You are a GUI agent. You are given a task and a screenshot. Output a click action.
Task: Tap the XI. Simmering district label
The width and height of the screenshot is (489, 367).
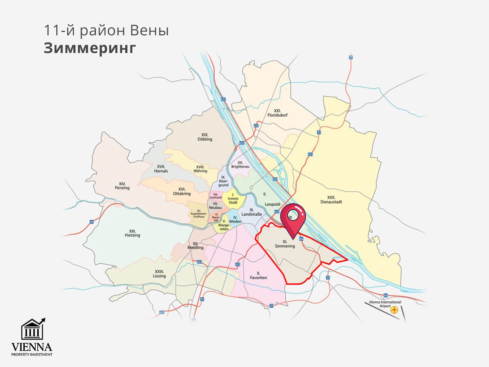[285, 244]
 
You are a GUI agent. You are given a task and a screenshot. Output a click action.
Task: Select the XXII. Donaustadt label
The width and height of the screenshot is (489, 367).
[331, 199]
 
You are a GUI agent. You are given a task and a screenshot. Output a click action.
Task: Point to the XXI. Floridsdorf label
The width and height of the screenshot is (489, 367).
[277, 113]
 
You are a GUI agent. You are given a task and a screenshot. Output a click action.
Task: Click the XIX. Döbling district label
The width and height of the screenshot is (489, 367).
[205, 137]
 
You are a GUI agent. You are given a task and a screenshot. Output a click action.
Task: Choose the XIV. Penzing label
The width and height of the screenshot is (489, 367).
[122, 186]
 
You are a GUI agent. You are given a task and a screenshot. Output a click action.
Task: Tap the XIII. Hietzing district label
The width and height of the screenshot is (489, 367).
[132, 233]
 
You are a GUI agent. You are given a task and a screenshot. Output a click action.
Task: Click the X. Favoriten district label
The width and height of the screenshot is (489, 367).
[258, 275]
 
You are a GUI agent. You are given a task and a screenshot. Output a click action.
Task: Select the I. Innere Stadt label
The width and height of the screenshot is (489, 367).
[233, 198]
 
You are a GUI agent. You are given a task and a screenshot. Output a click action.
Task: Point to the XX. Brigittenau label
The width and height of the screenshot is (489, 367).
[240, 165]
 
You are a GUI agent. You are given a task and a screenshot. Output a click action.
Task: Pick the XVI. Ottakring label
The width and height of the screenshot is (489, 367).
[182, 191]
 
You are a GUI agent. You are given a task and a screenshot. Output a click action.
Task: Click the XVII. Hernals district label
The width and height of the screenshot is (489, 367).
[161, 169]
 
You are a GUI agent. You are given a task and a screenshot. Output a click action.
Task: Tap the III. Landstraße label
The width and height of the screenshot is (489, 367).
[251, 212]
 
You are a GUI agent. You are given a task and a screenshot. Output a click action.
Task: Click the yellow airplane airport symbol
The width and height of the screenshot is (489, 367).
[394, 310]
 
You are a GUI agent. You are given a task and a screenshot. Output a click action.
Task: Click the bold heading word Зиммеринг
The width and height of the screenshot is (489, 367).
[90, 48]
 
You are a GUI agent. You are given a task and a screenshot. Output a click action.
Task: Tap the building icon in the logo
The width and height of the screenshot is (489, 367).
[32, 330]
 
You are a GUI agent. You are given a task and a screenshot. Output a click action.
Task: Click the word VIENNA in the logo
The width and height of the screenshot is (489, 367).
[32, 347]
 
